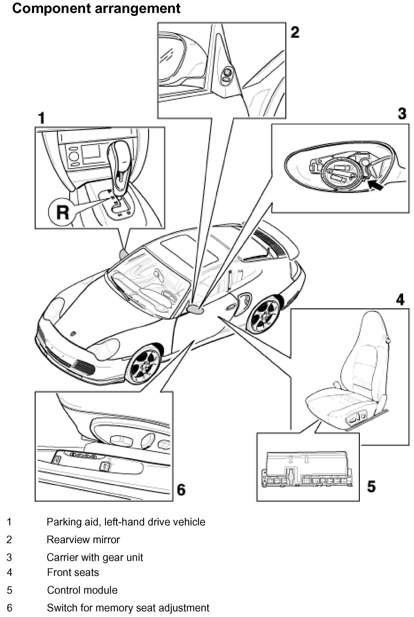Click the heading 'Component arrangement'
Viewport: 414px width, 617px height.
[96, 8]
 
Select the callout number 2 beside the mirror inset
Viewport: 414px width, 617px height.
[295, 32]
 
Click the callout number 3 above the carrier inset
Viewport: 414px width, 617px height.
[402, 113]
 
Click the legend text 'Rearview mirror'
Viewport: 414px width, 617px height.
[83, 540]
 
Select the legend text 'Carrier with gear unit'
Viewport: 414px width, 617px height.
[95, 557]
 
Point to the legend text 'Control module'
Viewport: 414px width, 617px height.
[82, 590]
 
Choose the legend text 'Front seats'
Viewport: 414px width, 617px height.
[73, 572]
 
